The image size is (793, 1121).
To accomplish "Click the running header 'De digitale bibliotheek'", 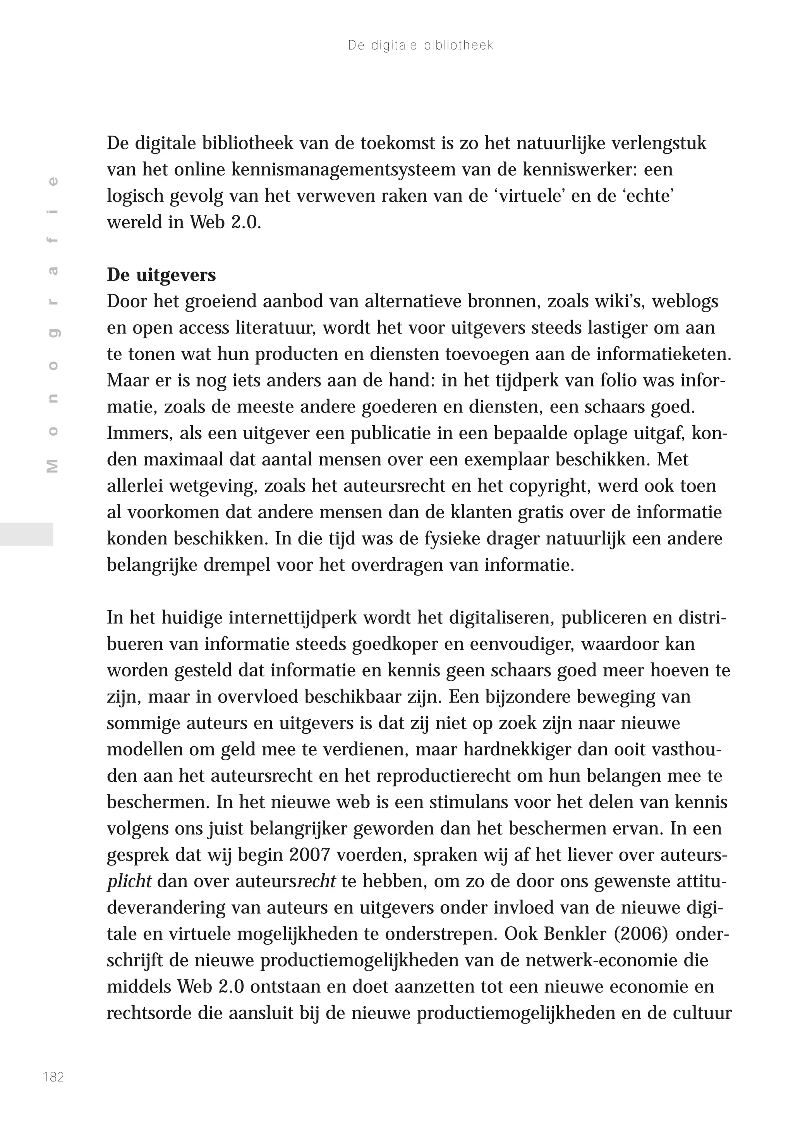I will tap(420, 45).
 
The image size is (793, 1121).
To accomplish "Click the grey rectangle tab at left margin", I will tap(26, 534).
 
